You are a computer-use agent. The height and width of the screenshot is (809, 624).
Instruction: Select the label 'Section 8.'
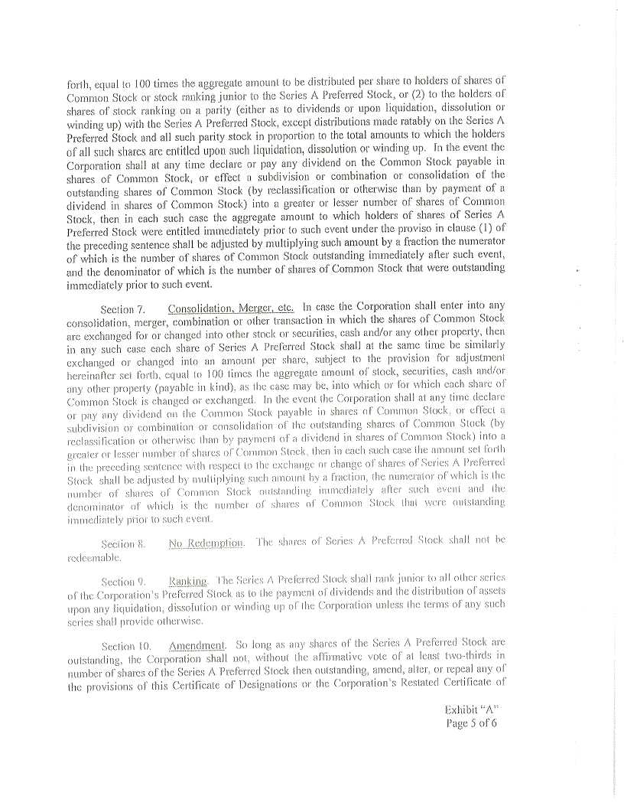122,544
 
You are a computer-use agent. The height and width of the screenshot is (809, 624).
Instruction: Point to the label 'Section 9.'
122,582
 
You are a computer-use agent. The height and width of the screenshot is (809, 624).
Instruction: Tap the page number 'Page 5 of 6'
472,724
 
